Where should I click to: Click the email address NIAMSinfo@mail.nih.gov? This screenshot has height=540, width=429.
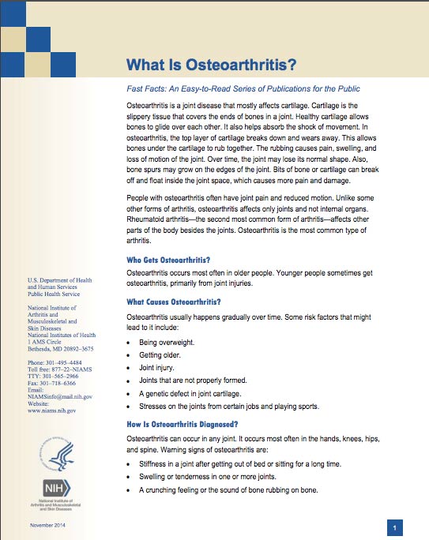point(59,396)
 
